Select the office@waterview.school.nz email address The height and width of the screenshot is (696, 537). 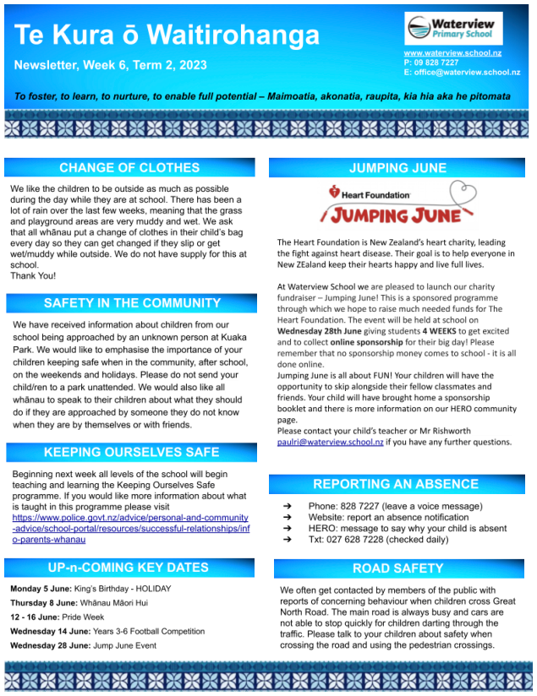(x=467, y=73)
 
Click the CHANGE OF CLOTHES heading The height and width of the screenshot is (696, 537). (x=129, y=167)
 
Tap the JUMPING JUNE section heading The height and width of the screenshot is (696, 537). (x=397, y=167)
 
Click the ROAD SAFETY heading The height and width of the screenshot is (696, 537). (x=397, y=568)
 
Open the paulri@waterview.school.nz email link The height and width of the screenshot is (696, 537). (x=331, y=442)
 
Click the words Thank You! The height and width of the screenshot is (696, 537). (x=33, y=276)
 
